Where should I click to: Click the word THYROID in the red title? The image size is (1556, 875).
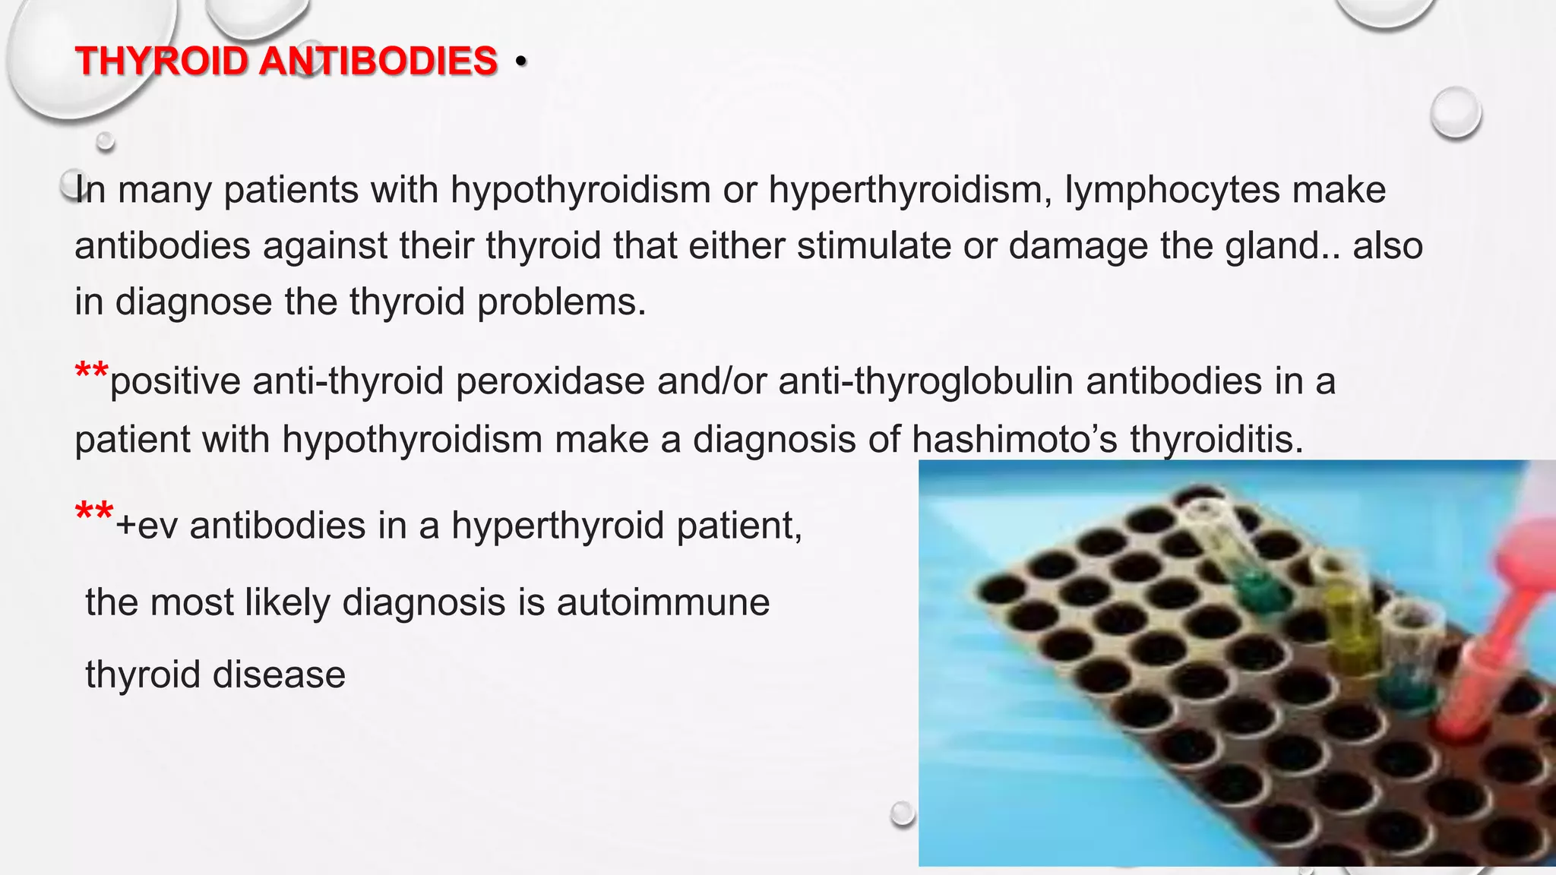pos(161,61)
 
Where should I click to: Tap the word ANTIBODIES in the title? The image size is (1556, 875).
pos(378,61)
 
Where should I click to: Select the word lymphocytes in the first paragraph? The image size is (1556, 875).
pos(1172,190)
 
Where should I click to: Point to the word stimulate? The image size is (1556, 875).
pos(874,246)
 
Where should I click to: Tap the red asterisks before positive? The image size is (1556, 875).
pos(92,373)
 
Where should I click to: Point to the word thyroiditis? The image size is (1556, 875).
pos(1216,439)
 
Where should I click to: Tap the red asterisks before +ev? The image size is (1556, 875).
pos(94,513)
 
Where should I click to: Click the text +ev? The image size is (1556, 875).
pos(147,526)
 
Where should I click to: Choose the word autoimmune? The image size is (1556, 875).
pos(663,602)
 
